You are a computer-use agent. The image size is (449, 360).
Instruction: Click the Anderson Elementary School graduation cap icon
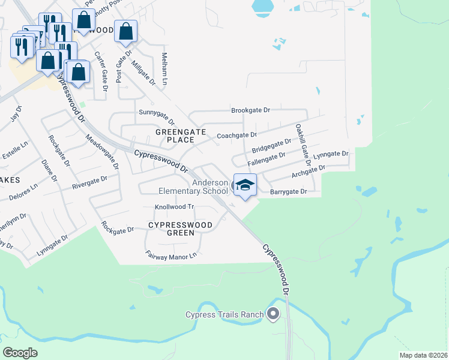click(x=244, y=185)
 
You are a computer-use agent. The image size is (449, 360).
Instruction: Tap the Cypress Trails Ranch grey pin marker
click(x=274, y=314)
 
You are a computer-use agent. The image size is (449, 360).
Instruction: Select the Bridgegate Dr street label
click(x=271, y=145)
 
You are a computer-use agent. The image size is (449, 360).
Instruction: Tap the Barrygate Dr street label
click(x=289, y=192)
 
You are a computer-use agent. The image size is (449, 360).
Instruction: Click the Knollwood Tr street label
click(x=175, y=206)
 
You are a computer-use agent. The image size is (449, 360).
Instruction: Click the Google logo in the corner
click(x=20, y=353)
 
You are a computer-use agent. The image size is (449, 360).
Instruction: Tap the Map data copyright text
click(x=423, y=355)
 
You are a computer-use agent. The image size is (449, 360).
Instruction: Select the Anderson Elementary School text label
click(x=193, y=187)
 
